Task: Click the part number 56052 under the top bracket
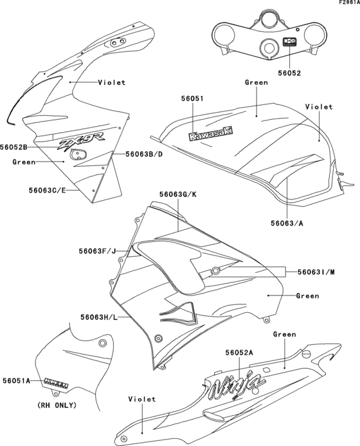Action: (290, 73)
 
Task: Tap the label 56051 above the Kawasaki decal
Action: (192, 98)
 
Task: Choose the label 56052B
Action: (14, 147)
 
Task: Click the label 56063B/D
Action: (145, 154)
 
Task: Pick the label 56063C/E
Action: (48, 190)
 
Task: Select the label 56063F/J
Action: (98, 252)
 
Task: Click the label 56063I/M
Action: (316, 272)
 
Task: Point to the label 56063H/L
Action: (99, 317)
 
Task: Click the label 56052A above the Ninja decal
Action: (239, 353)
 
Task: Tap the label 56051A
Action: (17, 380)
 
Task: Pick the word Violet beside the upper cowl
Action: (112, 82)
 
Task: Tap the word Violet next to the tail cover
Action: (142, 399)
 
